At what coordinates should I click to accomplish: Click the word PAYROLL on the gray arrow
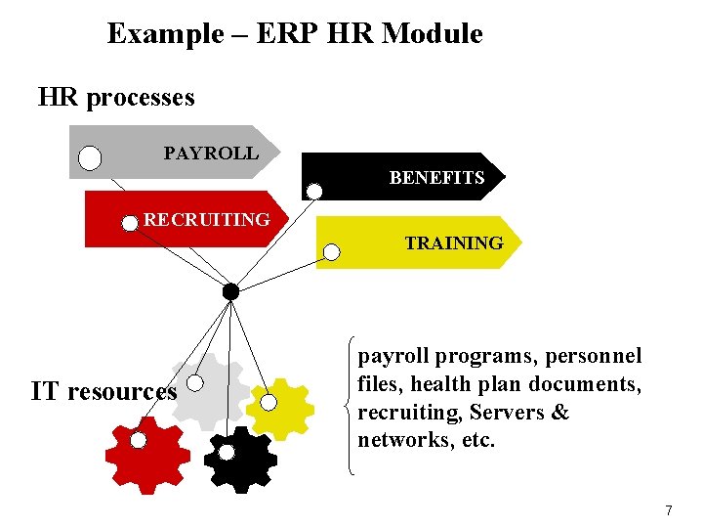tap(211, 154)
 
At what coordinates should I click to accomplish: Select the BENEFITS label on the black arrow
tap(436, 178)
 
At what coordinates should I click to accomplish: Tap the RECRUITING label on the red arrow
tap(207, 219)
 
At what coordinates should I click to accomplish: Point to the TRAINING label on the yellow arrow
tap(454, 242)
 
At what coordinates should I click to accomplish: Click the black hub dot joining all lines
tap(230, 291)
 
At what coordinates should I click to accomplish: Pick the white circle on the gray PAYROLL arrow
tap(90, 158)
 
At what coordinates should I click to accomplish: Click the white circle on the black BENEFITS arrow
tap(314, 191)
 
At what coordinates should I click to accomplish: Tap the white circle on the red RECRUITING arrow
tap(130, 223)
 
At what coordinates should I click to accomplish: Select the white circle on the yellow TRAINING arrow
tap(332, 252)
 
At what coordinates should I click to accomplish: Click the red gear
tap(146, 456)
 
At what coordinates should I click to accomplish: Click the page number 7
tap(669, 510)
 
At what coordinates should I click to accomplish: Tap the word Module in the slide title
tap(433, 34)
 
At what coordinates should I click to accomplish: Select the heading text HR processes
tap(116, 98)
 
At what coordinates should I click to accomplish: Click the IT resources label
tap(103, 392)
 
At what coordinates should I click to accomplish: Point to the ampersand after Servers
tap(560, 413)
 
